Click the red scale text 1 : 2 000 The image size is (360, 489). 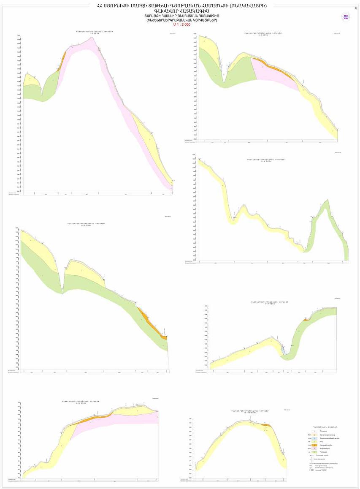coord(182,24)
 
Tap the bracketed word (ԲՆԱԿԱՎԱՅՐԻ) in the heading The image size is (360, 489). coord(249,6)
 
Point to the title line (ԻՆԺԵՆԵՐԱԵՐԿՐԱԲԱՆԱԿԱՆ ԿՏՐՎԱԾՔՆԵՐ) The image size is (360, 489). coord(182,20)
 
